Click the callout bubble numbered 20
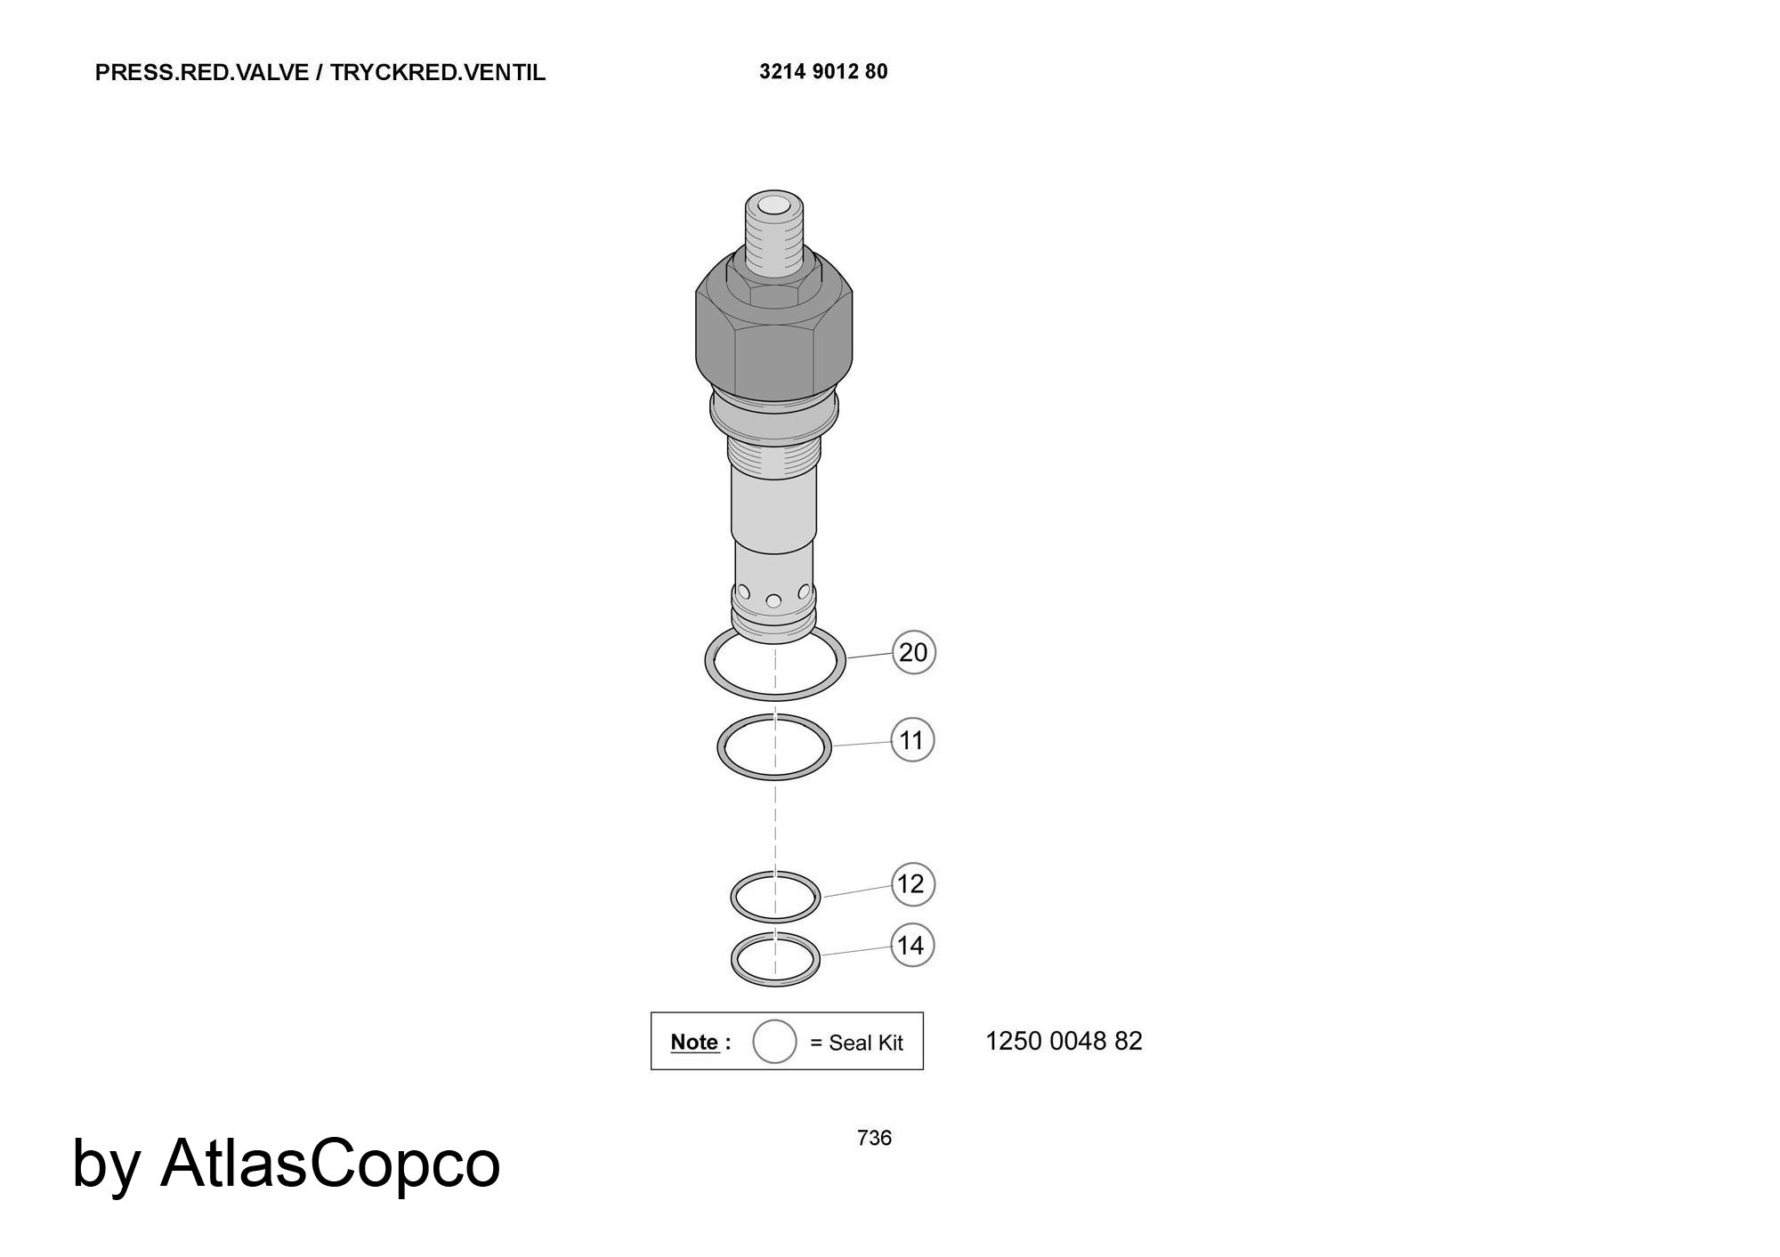[913, 652]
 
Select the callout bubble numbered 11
[912, 740]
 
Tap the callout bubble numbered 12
[912, 884]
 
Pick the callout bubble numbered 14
[912, 946]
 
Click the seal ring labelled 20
[775, 696]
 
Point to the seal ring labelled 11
[774, 777]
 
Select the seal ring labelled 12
[775, 920]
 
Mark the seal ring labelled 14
[775, 984]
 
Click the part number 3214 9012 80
[823, 71]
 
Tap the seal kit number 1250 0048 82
[1064, 1041]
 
